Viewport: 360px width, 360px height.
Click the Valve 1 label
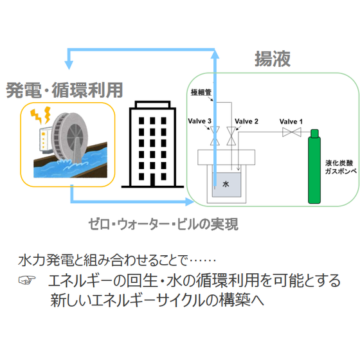pyautogui.click(x=291, y=122)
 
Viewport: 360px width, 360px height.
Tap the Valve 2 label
pyautogui.click(x=246, y=122)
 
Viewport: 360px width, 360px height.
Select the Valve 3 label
pyautogui.click(x=199, y=121)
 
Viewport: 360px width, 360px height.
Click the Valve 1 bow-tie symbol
pyautogui.click(x=292, y=132)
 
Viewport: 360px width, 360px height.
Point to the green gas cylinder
pyautogui.click(x=314, y=166)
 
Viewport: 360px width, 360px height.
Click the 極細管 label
pyautogui.click(x=201, y=93)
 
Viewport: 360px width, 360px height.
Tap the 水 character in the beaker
pyautogui.click(x=226, y=184)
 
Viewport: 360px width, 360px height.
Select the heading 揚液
pyautogui.click(x=273, y=59)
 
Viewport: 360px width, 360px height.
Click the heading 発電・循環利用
pyautogui.click(x=64, y=90)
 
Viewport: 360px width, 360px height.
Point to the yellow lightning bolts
pyautogui.click(x=40, y=115)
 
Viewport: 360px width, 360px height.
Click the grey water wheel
pyautogui.click(x=69, y=138)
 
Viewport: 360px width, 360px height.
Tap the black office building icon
pyautogui.click(x=152, y=145)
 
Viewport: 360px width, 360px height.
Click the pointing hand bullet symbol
pyautogui.click(x=27, y=280)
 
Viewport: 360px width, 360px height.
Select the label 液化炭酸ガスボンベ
pyautogui.click(x=341, y=167)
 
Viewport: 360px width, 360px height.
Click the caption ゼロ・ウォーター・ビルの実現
pyautogui.click(x=163, y=224)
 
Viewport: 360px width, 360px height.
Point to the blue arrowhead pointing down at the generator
pyautogui.click(x=69, y=65)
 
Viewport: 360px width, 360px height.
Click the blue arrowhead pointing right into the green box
pyautogui.click(x=190, y=202)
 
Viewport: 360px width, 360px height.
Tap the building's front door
pyautogui.click(x=152, y=179)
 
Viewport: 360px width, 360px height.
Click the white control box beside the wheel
pyautogui.click(x=46, y=139)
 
